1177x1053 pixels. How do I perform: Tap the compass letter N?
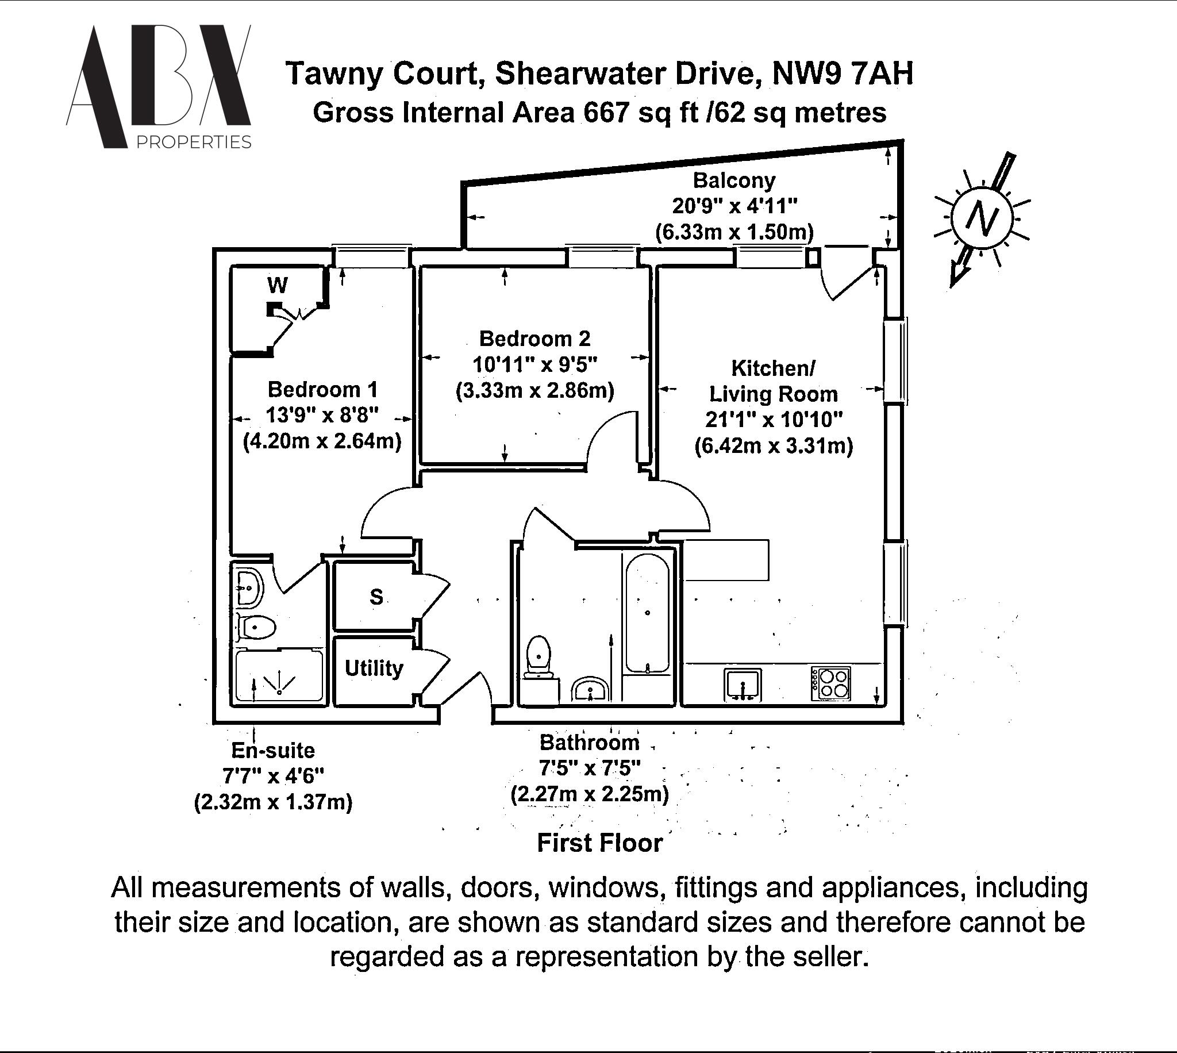click(x=982, y=218)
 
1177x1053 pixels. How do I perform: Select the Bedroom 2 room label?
click(x=534, y=339)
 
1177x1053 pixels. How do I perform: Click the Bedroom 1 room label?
click(x=322, y=389)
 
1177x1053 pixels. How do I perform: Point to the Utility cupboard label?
click(x=374, y=668)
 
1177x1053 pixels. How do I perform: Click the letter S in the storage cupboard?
click(x=376, y=597)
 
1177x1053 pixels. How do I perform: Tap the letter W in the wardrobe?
click(x=278, y=285)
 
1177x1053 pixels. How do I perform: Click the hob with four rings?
click(x=830, y=683)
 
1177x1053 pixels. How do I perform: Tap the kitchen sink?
click(x=743, y=684)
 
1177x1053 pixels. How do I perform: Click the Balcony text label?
click(x=733, y=180)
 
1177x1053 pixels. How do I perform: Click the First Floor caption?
click(x=599, y=843)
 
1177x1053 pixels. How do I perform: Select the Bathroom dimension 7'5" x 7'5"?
click(x=590, y=768)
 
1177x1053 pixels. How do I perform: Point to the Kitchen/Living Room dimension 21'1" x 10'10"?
click(x=774, y=420)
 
